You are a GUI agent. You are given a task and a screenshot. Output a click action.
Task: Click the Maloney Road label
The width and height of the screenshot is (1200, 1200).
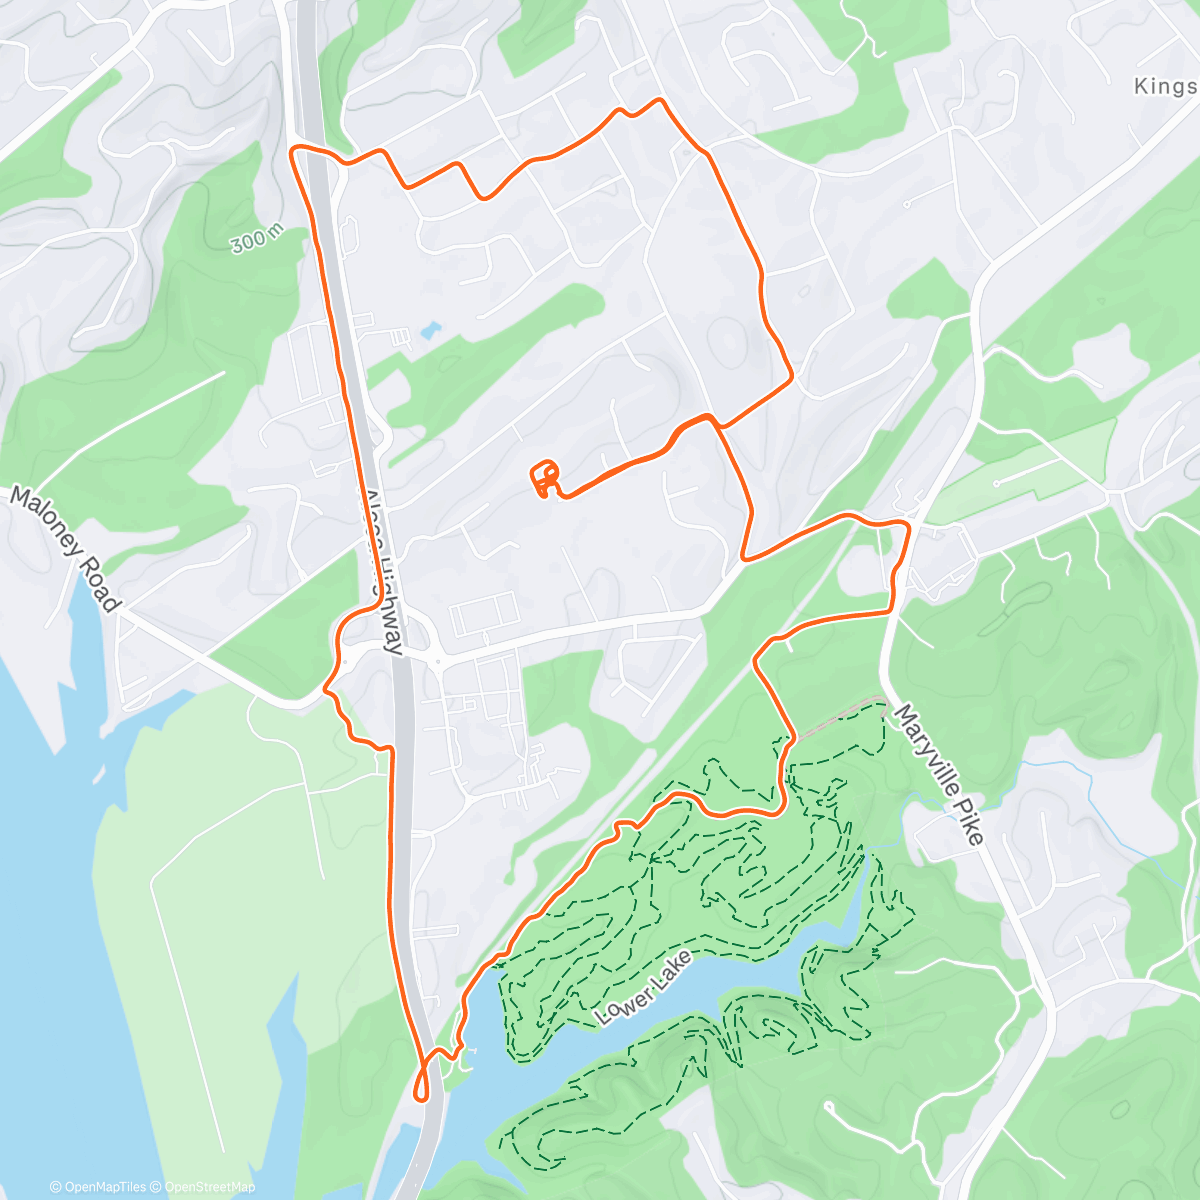tap(66, 548)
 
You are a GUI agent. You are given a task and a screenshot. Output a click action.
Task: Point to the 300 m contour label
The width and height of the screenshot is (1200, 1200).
tap(256, 239)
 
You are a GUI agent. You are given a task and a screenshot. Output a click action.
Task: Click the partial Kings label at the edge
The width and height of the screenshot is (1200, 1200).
tap(1165, 87)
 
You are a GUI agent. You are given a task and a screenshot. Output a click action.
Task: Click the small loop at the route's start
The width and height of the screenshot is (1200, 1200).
tap(545, 478)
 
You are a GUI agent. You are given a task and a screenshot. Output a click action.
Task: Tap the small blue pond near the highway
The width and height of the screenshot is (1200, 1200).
tap(430, 329)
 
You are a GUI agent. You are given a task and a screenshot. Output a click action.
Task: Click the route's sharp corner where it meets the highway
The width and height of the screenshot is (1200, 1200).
tap(294, 150)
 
